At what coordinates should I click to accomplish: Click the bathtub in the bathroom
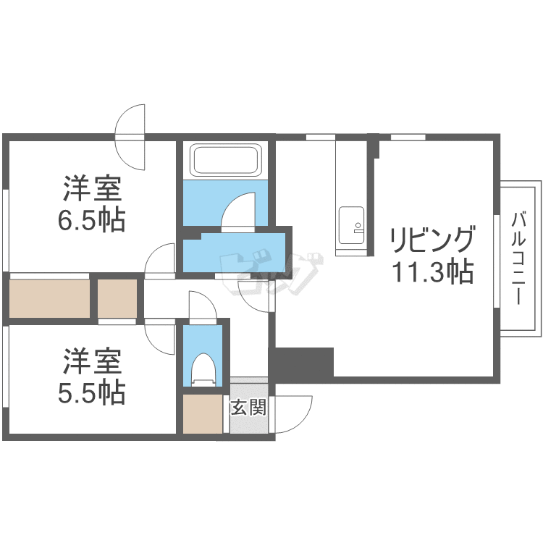[x=225, y=160]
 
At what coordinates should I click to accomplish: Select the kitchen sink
[x=351, y=225]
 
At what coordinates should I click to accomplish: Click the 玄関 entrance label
[x=248, y=407]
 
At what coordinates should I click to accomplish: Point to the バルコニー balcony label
[x=518, y=259]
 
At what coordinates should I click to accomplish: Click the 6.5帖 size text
[x=91, y=221]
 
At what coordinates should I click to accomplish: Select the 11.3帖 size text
[x=432, y=271]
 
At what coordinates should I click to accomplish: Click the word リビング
[x=432, y=240]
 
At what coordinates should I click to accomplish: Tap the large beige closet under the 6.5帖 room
[x=49, y=298]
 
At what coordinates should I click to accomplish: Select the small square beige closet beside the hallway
[x=117, y=298]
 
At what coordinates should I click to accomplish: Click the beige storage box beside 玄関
[x=203, y=414]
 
